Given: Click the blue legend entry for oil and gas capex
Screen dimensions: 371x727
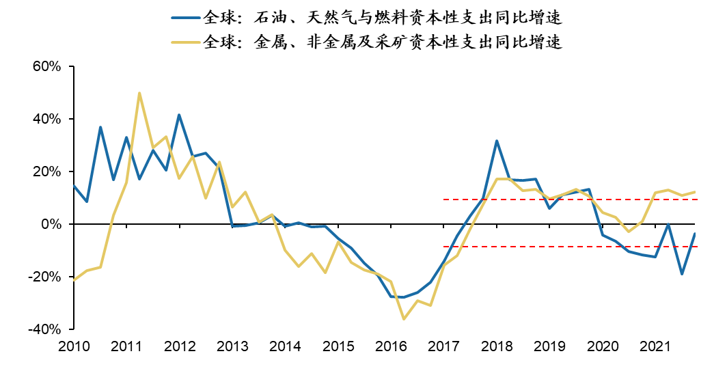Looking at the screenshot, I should tap(369, 16).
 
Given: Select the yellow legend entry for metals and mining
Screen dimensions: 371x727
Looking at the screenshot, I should tap(369, 42).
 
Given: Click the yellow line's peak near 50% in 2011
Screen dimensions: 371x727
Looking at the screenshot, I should tap(139, 93).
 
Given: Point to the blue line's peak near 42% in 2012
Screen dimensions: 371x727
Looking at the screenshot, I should tap(179, 115).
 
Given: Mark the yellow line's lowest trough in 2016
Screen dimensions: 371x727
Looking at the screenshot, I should tap(404, 319).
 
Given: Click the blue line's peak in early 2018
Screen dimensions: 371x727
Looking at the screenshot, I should tap(497, 141).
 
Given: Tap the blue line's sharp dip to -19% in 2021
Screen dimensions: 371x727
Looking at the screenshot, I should tap(682, 274).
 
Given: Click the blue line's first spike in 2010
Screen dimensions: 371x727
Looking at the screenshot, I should tap(100, 127).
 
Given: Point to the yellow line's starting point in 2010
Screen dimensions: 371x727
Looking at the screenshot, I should tap(74, 280).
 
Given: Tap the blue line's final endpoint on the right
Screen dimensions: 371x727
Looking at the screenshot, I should tap(695, 234).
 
